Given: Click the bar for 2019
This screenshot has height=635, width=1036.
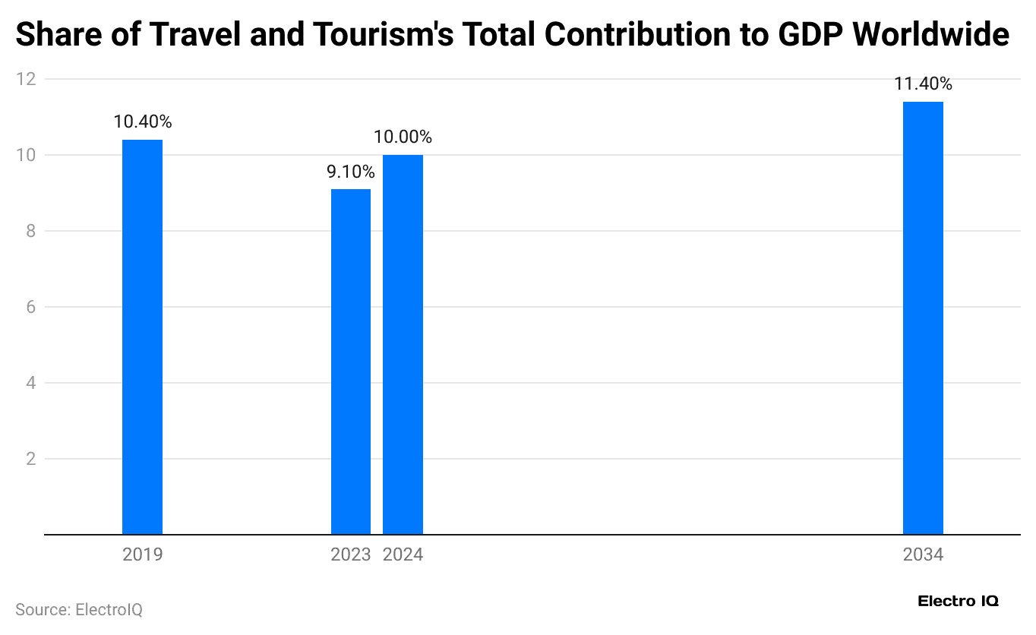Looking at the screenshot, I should (142, 337).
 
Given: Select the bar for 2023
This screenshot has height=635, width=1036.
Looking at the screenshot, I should (351, 362).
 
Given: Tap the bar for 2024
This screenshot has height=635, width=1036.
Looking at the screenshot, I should (403, 345).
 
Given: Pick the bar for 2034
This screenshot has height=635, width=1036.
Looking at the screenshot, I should (923, 318).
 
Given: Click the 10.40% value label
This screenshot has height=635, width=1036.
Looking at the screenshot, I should (143, 122).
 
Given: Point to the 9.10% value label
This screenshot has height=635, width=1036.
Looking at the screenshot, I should (351, 172).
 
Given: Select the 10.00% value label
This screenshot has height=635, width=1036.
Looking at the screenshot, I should (403, 137).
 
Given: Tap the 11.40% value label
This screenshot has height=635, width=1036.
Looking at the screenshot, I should (923, 84).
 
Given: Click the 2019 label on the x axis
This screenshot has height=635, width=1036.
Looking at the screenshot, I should (143, 555).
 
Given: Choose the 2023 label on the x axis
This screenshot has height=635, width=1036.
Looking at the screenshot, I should (351, 555).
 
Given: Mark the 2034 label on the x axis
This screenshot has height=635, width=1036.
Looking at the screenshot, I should (923, 555).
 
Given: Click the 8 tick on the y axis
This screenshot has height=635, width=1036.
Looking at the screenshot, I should (30, 231).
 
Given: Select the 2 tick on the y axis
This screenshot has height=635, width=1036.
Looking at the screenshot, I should (30, 459).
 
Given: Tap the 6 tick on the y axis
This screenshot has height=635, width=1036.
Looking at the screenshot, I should (30, 307).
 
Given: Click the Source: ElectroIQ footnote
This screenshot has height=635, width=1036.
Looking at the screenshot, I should (79, 609).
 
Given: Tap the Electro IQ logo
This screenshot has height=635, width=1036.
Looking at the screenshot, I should (958, 601).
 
